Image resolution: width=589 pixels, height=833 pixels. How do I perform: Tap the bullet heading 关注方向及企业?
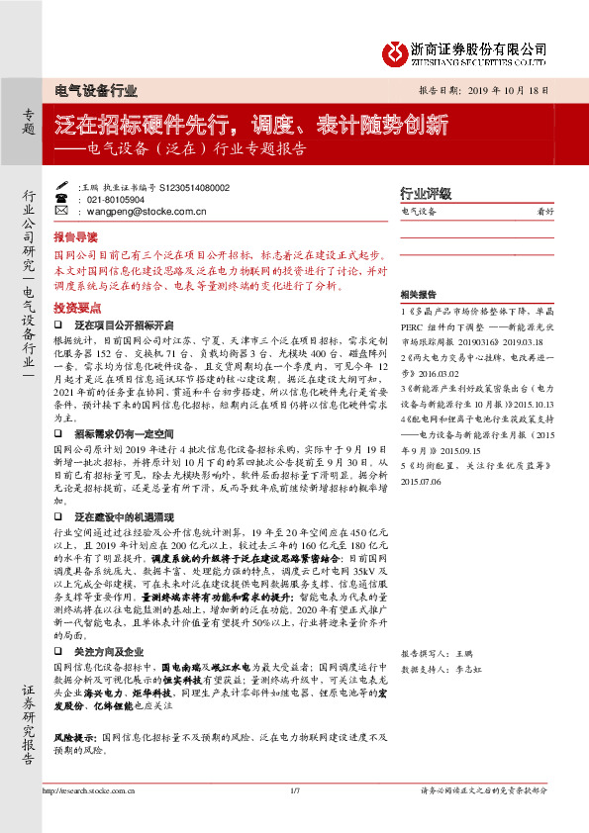(111, 652)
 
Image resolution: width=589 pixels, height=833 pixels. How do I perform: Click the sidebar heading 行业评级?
(425, 194)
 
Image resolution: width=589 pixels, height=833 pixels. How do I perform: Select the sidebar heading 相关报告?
(419, 295)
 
